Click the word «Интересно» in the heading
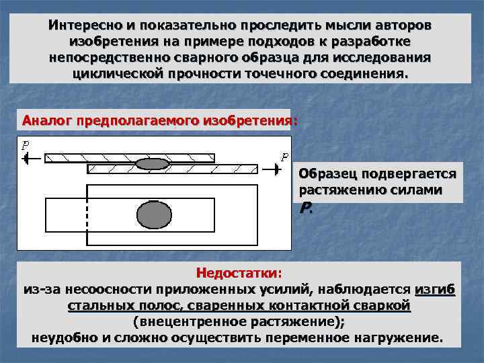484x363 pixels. point(83,25)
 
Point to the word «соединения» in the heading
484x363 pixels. point(370,73)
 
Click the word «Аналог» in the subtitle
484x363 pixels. point(46,121)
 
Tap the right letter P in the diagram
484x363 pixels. point(284,157)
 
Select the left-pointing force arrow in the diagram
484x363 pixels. point(31,159)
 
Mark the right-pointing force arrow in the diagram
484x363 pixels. point(270,169)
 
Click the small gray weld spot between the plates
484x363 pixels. point(152,163)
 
